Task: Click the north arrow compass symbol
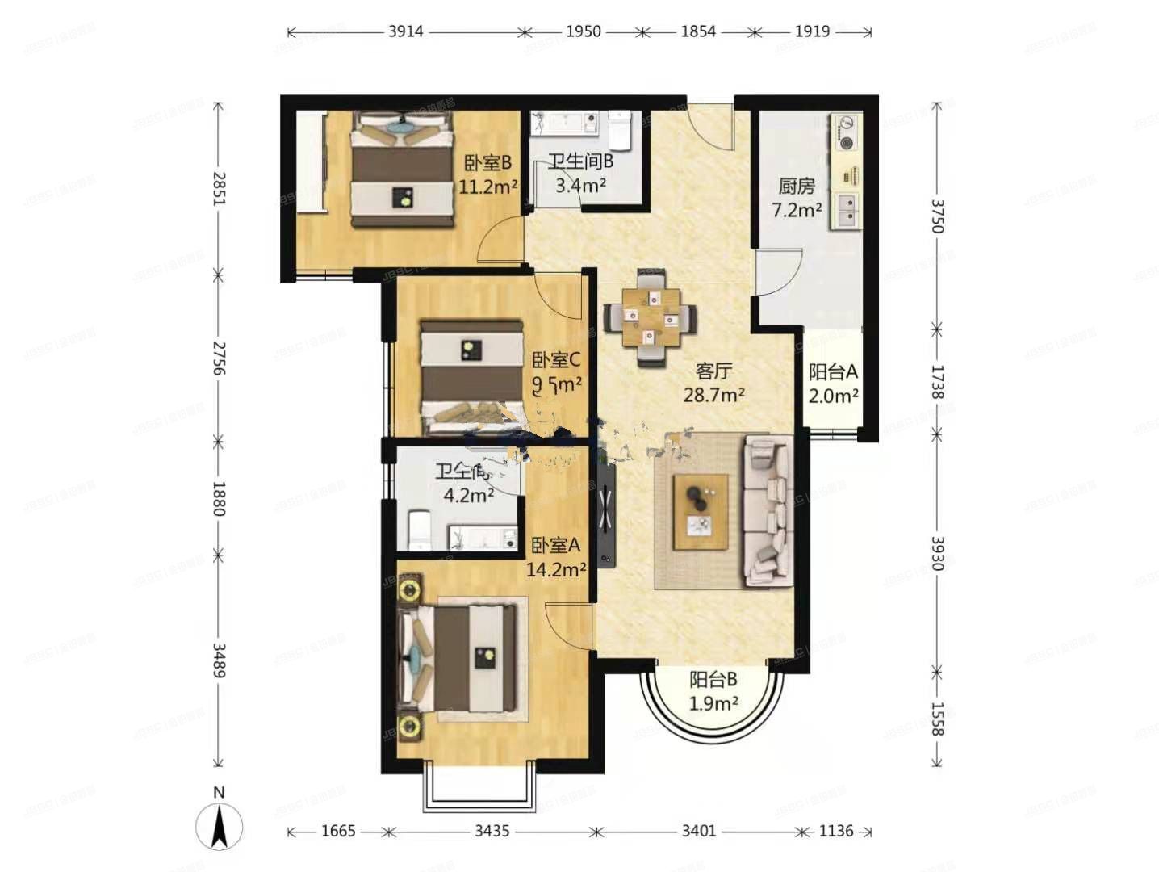tap(219, 825)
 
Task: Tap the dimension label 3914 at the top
tap(405, 31)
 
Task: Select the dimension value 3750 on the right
tap(936, 216)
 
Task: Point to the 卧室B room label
tap(487, 163)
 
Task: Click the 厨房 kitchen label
tap(797, 187)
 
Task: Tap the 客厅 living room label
tap(713, 371)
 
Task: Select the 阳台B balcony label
tap(713, 680)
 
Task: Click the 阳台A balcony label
tap(833, 372)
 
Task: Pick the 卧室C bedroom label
tap(556, 360)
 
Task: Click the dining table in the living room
tap(650, 317)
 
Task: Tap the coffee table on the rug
tap(701, 512)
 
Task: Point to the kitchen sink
tap(847, 212)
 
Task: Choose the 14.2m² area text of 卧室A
tap(556, 570)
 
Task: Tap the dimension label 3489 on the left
tap(218, 660)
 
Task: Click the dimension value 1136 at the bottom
tap(835, 831)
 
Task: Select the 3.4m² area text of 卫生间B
tap(581, 186)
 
